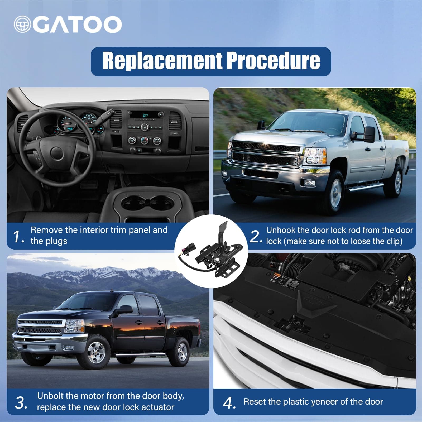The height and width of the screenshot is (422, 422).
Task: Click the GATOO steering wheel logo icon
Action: (x=23, y=24)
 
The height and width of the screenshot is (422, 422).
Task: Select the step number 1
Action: (x=18, y=236)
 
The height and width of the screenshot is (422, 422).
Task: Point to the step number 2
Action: (x=255, y=236)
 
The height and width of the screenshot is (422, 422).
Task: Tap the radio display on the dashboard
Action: (x=145, y=115)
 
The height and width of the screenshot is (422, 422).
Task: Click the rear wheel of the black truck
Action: (x=182, y=352)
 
